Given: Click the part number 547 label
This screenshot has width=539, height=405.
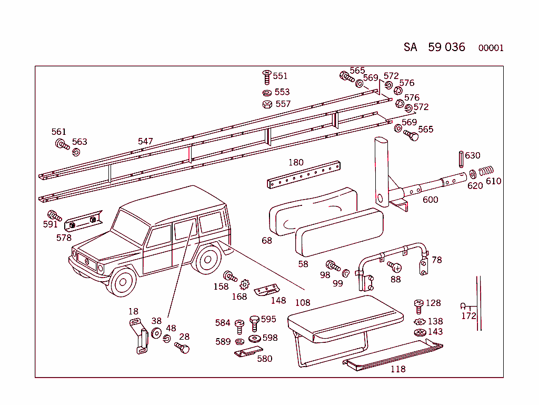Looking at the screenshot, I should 145,141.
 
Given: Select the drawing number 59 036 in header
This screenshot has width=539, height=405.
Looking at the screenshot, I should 446,47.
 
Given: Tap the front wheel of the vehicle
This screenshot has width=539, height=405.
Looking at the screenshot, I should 123,283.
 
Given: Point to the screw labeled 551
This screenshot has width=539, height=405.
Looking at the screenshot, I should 266,77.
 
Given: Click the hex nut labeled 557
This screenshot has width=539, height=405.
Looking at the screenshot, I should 267,104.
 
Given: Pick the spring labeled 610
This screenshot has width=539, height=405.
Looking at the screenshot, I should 487,171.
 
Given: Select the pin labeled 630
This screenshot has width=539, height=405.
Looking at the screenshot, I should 461,157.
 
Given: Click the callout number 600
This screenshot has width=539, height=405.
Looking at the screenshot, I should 430,200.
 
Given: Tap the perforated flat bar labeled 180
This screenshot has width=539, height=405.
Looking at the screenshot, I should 304,175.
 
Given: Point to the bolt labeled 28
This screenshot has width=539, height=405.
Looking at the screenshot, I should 182,348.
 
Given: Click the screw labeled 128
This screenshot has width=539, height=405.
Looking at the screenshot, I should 419,305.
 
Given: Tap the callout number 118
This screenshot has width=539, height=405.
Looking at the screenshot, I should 398,369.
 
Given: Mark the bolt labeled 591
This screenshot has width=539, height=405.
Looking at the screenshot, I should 54,215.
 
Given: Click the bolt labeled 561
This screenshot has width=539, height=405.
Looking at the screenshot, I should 61,144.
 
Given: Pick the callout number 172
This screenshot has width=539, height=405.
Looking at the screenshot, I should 468,316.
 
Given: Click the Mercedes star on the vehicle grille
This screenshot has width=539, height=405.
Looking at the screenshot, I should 87,261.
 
